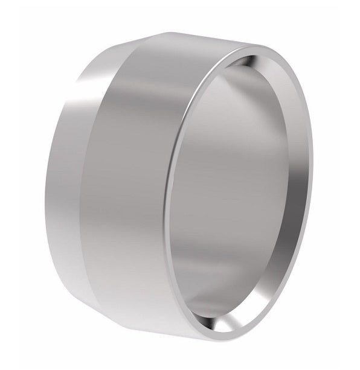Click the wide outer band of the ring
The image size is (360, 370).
(x=136, y=181)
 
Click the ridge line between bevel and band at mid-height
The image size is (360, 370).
(x=97, y=181)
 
